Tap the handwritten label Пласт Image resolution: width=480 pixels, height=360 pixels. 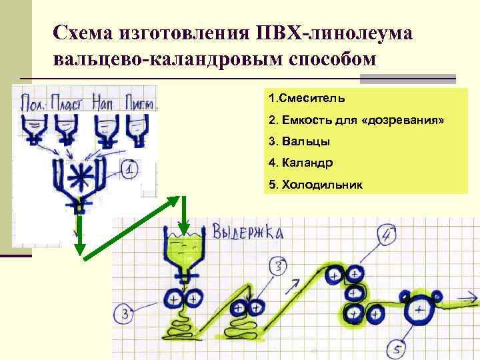click(x=69, y=104)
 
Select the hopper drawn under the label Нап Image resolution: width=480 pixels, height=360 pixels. click(x=105, y=128)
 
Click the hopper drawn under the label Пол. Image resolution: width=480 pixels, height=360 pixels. click(x=33, y=127)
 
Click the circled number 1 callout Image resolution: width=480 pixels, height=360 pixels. click(x=131, y=170)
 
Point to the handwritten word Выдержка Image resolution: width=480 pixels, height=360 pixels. click(x=247, y=232)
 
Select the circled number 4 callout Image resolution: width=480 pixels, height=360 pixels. click(x=389, y=235)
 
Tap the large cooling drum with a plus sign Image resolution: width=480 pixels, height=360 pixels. click(x=419, y=310)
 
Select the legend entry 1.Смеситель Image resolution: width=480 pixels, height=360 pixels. click(x=307, y=99)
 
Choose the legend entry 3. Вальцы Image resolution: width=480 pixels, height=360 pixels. click(x=299, y=141)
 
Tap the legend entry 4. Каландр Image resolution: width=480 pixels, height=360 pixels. click(x=301, y=163)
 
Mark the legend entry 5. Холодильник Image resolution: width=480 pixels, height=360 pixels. click(x=315, y=184)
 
